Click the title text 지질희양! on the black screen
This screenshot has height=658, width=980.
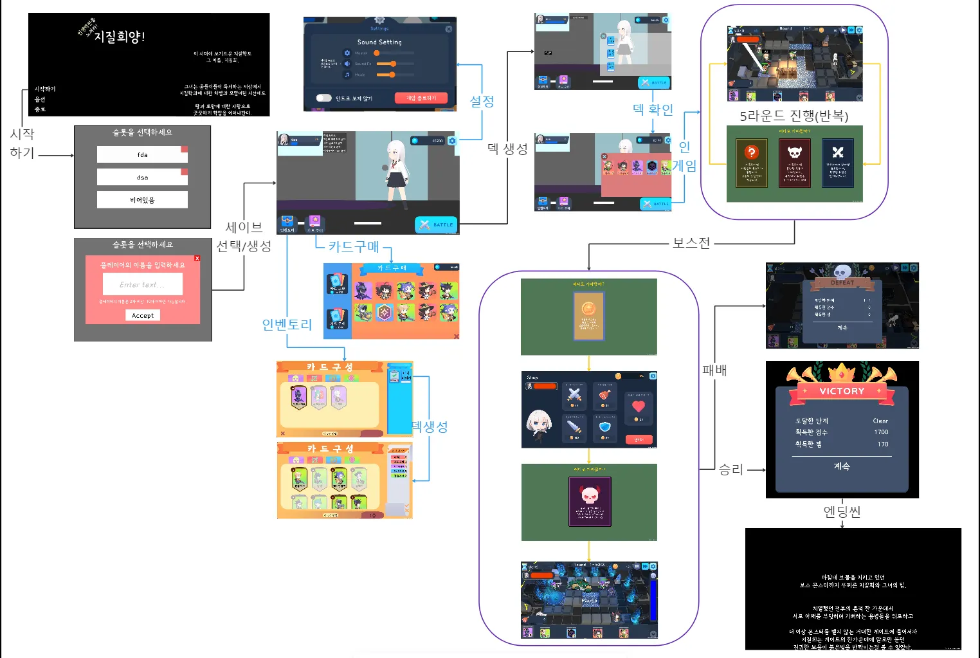pos(120,37)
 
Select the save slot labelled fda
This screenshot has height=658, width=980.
pos(142,154)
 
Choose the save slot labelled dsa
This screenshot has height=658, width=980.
pos(142,177)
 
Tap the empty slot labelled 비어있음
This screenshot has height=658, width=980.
pos(142,200)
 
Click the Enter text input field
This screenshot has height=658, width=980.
pos(142,284)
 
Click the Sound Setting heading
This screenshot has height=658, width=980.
pos(379,42)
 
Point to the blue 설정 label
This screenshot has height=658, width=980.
pos(482,101)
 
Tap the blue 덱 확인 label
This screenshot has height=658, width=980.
pos(653,109)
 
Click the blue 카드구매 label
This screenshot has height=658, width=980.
pos(354,246)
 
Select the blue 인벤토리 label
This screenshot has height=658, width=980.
pos(287,325)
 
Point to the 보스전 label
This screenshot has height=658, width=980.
pos(691,243)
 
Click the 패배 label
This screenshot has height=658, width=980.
pos(714,370)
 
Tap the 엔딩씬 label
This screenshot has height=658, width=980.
pos(842,511)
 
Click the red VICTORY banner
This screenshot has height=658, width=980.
pos(842,391)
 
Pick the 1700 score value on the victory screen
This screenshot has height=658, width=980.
pos(881,432)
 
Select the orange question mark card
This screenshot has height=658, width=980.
pos(751,153)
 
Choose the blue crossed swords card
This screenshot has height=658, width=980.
pos(837,153)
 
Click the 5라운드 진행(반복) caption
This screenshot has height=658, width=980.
pos(794,116)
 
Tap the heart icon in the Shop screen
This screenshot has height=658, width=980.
pos(639,406)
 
